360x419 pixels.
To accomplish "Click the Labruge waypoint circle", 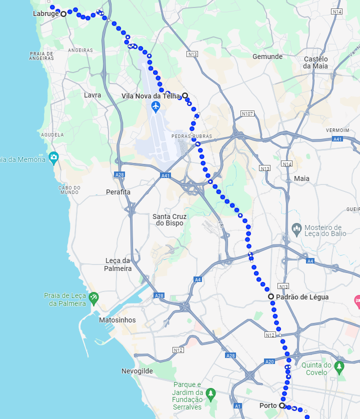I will point(63,14).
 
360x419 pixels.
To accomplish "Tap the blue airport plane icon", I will point(156,106).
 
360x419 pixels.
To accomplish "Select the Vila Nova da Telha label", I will point(150,95).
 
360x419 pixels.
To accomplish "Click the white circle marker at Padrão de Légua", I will point(271,296).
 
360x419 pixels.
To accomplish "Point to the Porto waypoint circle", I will point(282,405).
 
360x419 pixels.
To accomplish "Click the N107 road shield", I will point(247,114).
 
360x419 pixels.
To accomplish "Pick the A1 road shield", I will point(238,405).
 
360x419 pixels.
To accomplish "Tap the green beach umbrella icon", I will point(93,299).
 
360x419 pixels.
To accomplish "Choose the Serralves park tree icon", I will point(210,393).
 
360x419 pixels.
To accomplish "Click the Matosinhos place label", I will point(117,320).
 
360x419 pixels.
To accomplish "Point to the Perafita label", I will point(118,192).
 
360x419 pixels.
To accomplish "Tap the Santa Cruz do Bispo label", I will point(169,219).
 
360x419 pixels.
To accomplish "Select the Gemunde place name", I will point(267,56).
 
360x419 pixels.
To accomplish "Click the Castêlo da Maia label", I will point(315,62).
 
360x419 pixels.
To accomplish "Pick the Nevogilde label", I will point(137,371).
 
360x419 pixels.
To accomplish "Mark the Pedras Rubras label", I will point(191,136).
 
